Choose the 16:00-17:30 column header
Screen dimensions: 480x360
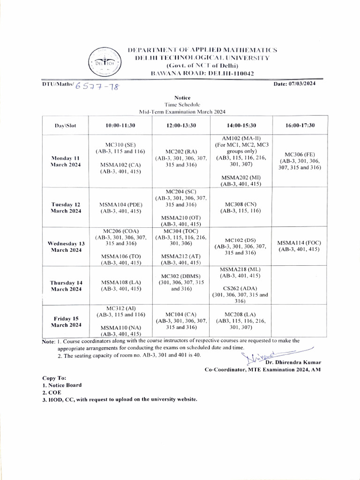(300, 126)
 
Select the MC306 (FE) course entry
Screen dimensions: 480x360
(300, 155)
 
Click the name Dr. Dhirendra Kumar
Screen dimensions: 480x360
(293, 362)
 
